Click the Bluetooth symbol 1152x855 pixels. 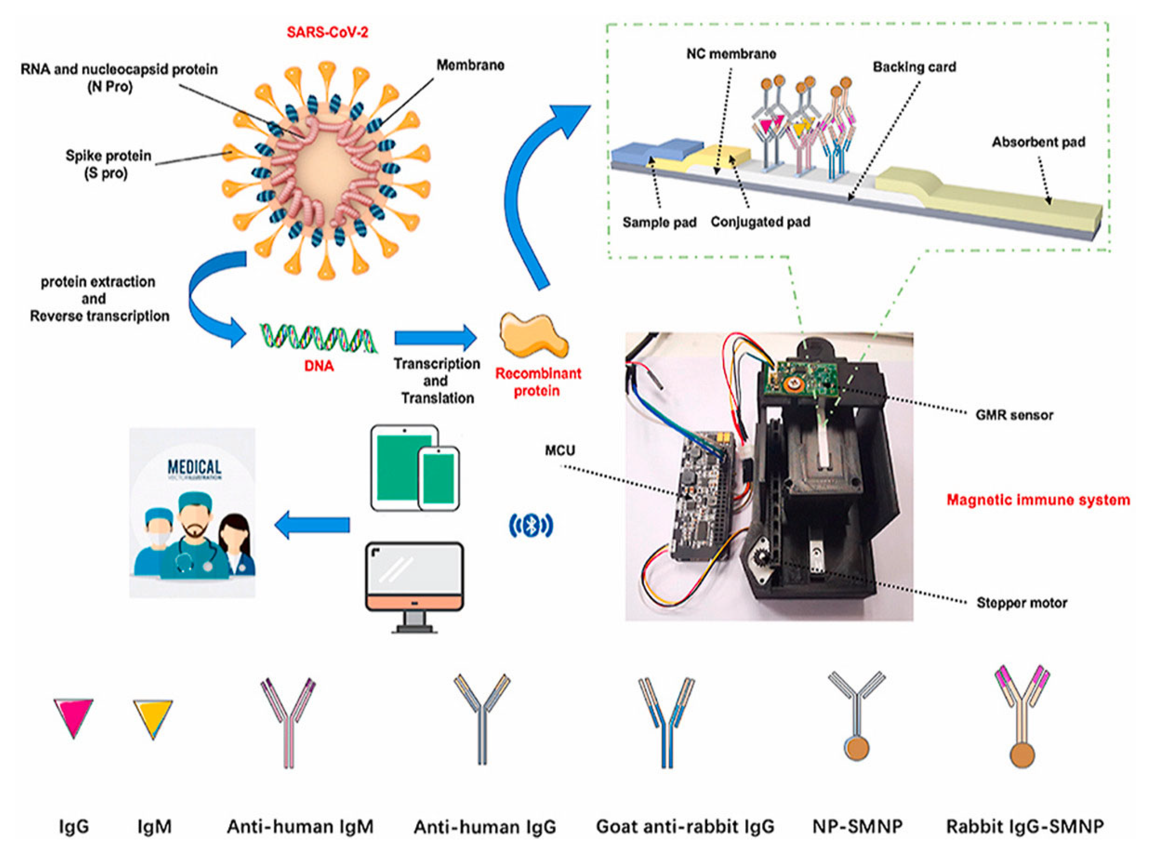tap(531, 526)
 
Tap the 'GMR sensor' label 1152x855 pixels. tap(1014, 415)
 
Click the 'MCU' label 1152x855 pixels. tap(559, 450)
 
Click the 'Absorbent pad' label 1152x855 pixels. tap(1038, 142)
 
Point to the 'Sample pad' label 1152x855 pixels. tap(659, 222)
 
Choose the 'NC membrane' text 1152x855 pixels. tap(731, 54)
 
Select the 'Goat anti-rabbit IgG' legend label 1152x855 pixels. tap(685, 827)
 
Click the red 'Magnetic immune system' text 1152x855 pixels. tap(1038, 500)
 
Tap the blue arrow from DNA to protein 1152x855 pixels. tap(435, 337)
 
